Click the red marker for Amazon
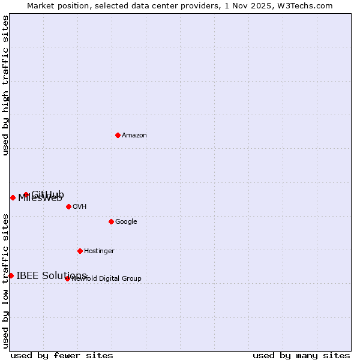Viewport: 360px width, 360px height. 118,135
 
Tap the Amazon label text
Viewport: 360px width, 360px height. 134,136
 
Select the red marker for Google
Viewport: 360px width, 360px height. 111,221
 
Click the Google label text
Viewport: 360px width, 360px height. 126,222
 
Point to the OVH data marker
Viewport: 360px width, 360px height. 68,206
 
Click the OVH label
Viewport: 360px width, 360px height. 80,207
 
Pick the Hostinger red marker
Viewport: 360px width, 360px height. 80,251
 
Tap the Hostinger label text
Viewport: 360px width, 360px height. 99,251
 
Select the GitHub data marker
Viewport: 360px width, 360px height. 26,194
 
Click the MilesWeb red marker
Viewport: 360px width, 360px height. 13,197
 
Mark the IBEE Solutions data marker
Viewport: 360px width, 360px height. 11,275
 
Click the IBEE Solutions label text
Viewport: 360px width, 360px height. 52,276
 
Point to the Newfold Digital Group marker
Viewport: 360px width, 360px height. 67,278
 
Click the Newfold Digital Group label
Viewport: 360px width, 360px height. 107,279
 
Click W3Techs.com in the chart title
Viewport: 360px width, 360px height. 306,6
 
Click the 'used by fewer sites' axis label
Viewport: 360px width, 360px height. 62,355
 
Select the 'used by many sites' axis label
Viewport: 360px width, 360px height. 301,355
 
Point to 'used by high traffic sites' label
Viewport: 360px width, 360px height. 6,86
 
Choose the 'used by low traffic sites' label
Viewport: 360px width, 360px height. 6,280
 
